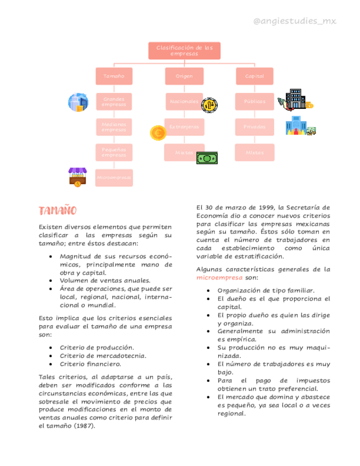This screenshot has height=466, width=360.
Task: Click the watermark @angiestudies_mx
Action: [x=294, y=21]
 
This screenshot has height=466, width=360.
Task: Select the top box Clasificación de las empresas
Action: [x=184, y=51]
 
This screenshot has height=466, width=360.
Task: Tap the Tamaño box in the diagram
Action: [x=114, y=76]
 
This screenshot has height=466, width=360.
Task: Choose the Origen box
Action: [x=184, y=76]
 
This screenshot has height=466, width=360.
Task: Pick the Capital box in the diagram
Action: [x=254, y=76]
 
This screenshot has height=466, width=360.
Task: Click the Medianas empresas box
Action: [x=114, y=127]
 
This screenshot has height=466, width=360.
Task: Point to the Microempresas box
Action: [x=114, y=178]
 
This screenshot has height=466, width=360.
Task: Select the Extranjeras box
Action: [x=184, y=127]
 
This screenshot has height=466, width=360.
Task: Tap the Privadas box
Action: [x=254, y=127]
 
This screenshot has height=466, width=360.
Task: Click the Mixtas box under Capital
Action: [x=254, y=152]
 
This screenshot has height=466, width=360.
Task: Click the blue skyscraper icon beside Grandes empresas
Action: [x=78, y=102]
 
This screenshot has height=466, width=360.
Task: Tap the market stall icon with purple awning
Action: [x=77, y=177]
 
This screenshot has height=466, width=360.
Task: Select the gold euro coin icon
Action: [x=158, y=132]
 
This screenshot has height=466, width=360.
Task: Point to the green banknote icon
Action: [x=207, y=158]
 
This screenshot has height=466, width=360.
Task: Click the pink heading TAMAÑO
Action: [x=57, y=211]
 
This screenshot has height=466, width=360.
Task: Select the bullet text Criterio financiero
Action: [x=90, y=364]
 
